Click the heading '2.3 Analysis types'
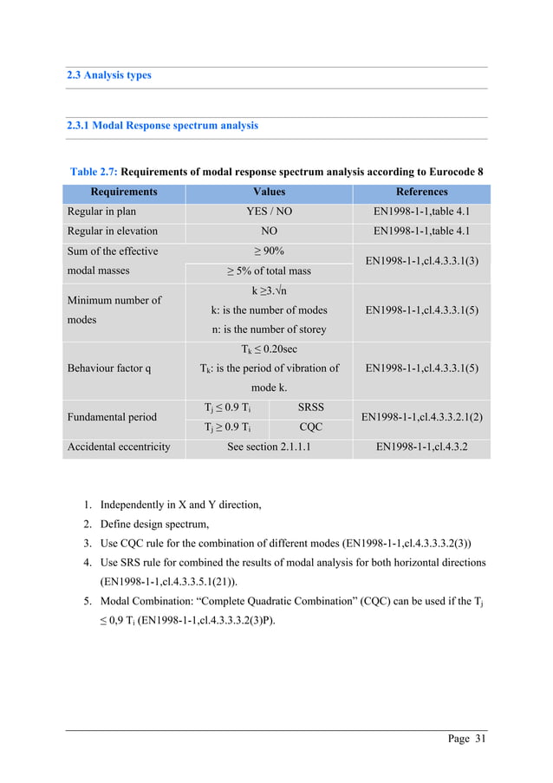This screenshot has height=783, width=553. [109, 75]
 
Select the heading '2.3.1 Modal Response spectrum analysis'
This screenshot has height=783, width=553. [162, 126]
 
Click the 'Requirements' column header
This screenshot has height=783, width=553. [124, 192]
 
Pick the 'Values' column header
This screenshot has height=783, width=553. [269, 192]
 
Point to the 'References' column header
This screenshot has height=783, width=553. [421, 192]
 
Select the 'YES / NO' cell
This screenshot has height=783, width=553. [269, 212]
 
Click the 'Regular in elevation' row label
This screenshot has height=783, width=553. [113, 232]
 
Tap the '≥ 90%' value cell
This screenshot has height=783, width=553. [269, 251]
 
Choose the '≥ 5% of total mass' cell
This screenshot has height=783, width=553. [269, 271]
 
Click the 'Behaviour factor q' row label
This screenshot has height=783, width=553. [109, 368]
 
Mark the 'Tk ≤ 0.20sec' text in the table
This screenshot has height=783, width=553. [269, 349]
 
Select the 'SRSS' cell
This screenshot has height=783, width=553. [310, 407]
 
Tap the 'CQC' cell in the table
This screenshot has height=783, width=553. [310, 427]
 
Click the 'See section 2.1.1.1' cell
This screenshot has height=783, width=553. [269, 447]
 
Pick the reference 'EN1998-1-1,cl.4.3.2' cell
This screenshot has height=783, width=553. [421, 447]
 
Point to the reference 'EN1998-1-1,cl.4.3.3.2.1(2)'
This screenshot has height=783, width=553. [421, 417]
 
